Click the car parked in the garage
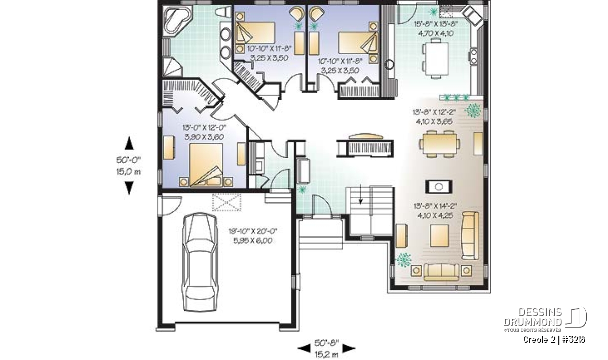pos(200,262)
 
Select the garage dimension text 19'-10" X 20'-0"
pos(253,231)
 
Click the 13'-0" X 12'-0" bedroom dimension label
pos(204,128)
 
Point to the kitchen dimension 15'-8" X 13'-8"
pos(436,24)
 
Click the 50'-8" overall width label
pos(327,343)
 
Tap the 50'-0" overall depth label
pos(129,160)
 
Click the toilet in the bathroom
pos(223,12)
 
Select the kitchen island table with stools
pos(436,58)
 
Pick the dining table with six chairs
pos(439,144)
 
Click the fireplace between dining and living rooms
pos(439,187)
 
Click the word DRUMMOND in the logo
pos(533,322)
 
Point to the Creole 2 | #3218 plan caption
pos(554,340)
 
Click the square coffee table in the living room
pos(439,235)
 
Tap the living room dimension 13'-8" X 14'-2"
pos(435,206)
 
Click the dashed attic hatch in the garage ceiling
pos(226,202)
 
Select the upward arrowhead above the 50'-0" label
pos(129,143)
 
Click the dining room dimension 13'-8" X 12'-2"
pos(434,112)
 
